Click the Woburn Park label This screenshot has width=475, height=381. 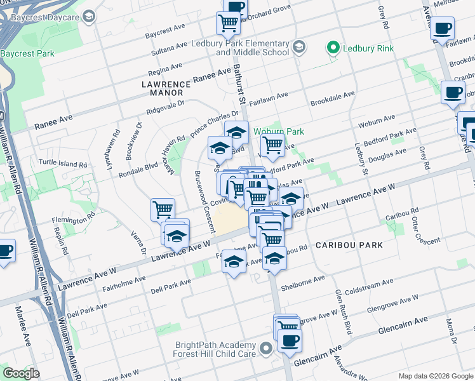279,131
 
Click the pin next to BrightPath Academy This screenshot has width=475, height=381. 267,348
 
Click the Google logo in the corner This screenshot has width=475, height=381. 22,374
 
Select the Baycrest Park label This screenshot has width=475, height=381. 27,53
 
